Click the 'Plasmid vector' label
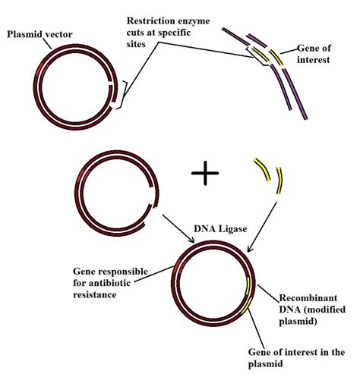(x=39, y=34)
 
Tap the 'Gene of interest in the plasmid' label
(x=295, y=358)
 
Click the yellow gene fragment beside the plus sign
(x=270, y=178)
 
